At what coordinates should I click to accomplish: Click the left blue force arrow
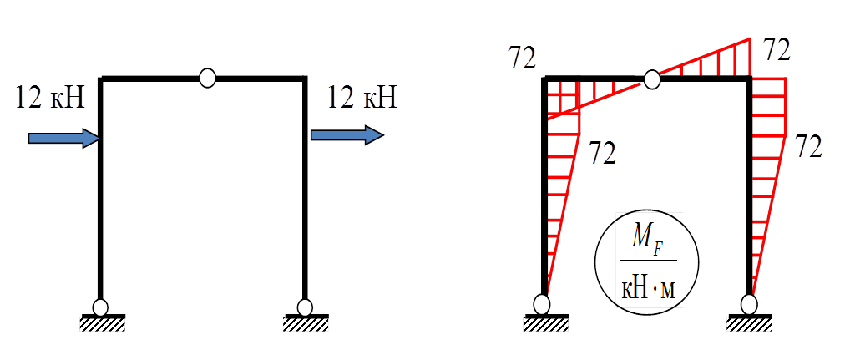(63, 138)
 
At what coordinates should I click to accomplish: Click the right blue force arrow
(347, 134)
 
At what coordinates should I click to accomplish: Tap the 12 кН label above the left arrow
(50, 99)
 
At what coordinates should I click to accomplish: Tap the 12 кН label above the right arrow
(362, 98)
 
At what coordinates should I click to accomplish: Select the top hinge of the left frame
(208, 79)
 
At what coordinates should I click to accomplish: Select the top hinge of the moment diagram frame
(652, 79)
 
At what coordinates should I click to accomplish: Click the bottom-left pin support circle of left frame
(101, 307)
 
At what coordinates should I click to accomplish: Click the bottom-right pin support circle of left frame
(305, 307)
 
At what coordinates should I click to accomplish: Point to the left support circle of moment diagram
(544, 302)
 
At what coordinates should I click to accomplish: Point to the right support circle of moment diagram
(750, 302)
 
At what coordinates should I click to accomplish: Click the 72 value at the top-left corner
(522, 58)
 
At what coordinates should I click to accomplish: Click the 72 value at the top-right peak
(777, 50)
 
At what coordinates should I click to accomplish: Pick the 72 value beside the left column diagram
(603, 153)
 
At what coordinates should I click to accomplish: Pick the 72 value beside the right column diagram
(808, 146)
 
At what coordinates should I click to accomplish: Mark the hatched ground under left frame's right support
(306, 323)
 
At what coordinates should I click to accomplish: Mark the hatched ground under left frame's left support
(102, 323)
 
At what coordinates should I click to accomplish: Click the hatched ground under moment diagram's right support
(749, 322)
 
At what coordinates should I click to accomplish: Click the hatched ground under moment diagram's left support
(546, 322)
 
